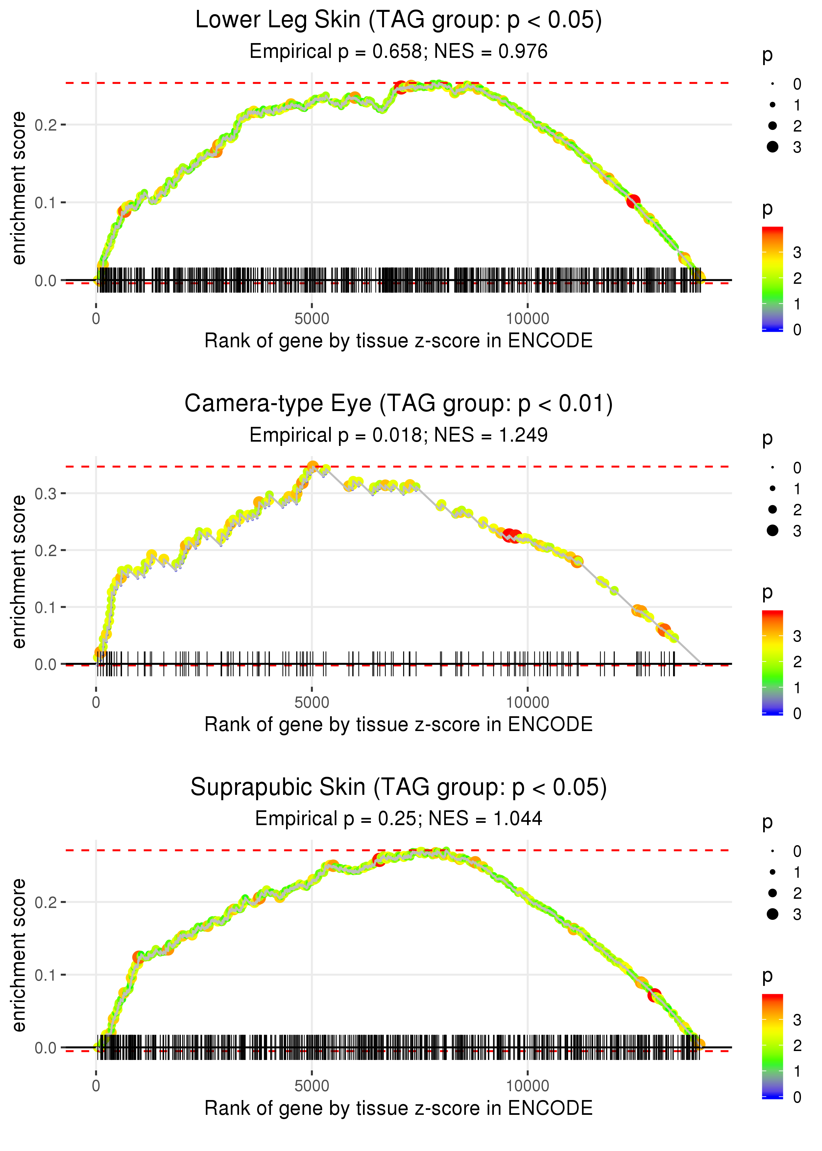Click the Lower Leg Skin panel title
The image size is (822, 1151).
[x=399, y=20]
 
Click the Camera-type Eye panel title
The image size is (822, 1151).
[x=399, y=404]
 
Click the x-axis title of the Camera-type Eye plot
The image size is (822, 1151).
[x=399, y=724]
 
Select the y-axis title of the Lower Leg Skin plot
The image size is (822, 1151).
[x=19, y=188]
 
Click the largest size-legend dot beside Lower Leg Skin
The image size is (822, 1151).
[x=772, y=147]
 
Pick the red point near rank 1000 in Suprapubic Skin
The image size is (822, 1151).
[x=138, y=957]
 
